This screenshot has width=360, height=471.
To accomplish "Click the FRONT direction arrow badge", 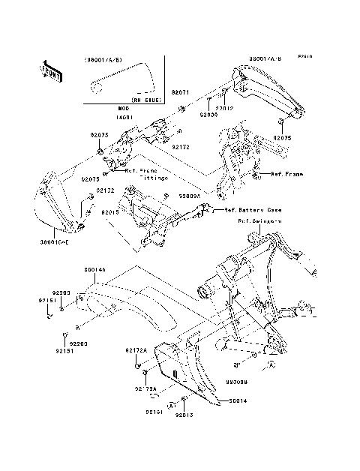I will [51, 70].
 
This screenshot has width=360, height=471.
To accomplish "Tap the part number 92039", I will [208, 115].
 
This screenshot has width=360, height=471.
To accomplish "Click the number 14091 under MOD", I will [123, 117].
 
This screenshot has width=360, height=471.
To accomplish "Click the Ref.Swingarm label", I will [260, 221].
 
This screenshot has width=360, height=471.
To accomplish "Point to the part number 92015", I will [111, 212].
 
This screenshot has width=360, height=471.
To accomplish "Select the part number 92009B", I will [234, 381].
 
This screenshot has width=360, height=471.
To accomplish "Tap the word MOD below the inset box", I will [123, 109].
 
